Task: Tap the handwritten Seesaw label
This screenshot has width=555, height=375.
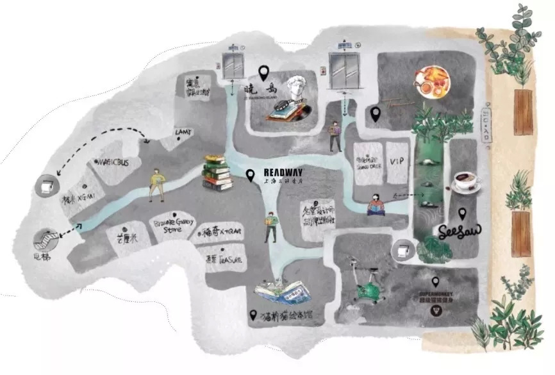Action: [457, 230]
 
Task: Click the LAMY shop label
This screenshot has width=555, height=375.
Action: [183, 133]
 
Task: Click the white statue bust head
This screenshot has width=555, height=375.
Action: [296, 89]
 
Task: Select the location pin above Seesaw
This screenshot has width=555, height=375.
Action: [461, 213]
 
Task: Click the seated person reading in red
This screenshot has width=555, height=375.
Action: [376, 204]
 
